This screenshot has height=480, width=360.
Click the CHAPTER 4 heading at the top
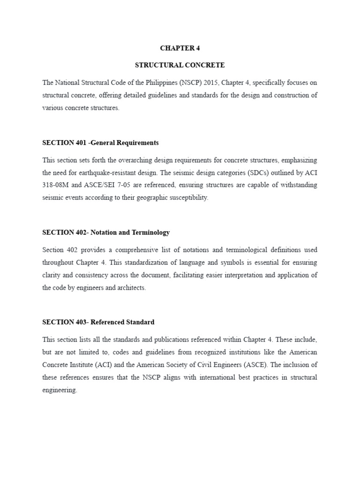click(180, 48)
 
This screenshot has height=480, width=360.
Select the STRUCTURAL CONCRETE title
click(180, 65)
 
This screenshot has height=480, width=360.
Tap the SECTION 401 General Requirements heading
click(100, 142)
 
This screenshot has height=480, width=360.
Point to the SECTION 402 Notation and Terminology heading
click(106, 232)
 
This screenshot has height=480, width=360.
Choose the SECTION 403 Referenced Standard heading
click(98, 322)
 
